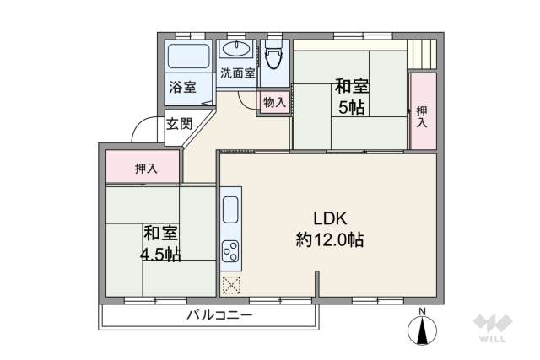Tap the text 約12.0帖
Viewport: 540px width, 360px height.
[x=329, y=239]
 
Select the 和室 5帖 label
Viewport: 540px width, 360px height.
[x=350, y=96]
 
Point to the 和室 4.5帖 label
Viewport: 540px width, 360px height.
[x=159, y=243]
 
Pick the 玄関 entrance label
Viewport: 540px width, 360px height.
[x=178, y=124]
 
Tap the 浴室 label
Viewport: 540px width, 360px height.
[x=182, y=86]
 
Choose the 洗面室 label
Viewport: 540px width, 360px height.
[x=237, y=73]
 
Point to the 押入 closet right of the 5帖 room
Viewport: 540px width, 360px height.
[x=421, y=116]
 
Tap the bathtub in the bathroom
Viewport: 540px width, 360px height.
[x=189, y=58]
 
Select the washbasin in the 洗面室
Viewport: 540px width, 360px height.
[x=236, y=48]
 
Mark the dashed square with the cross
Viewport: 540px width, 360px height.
[x=231, y=285]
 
